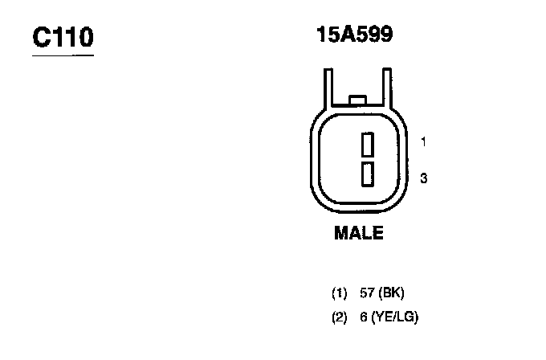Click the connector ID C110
click(63, 37)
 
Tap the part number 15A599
click(354, 35)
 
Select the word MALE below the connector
click(359, 233)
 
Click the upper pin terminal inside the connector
click(368, 145)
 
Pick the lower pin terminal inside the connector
click(368, 174)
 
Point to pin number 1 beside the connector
click(423, 142)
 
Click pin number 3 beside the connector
click(423, 178)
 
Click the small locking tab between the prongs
click(357, 100)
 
